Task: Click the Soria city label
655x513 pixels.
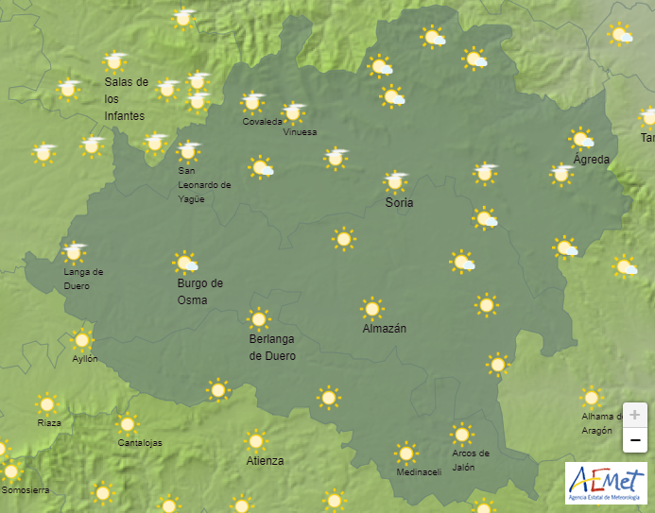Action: coord(399,202)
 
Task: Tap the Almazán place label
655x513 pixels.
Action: coord(385,329)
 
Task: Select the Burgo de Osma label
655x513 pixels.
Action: coord(200,292)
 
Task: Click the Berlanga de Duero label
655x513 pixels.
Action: coord(272,348)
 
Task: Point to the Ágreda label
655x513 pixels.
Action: coord(592,159)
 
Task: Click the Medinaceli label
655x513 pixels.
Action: coord(419,472)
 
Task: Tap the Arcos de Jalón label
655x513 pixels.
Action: coord(470,460)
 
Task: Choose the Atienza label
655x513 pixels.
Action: coord(265,461)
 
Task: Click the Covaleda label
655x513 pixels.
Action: coord(262,122)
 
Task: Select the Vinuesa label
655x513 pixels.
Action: coord(301,132)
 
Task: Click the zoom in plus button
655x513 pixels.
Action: coord(635,415)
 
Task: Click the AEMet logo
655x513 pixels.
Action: coord(606,484)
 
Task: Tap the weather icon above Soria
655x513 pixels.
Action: coord(396,180)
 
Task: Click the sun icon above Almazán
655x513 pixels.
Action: coord(372,308)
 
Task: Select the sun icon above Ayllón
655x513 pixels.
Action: coord(82,340)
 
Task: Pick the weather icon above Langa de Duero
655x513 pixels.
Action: coord(74,251)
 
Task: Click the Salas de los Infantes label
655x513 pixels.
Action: coord(127,98)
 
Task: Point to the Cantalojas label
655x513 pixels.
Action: coord(140,443)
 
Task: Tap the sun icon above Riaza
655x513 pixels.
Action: coord(46,404)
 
